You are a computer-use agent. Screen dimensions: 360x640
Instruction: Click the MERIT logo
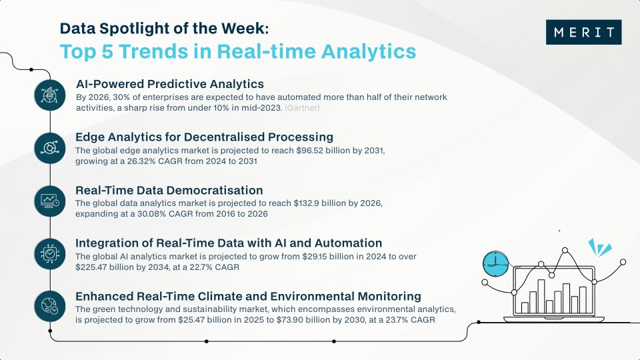[583, 32]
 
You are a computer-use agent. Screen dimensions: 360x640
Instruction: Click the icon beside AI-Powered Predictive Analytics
[50, 95]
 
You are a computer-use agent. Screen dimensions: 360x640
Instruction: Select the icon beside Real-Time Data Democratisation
[50, 199]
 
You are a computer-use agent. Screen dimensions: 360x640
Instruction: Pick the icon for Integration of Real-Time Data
[50, 252]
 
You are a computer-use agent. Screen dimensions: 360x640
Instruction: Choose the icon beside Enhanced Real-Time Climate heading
[50, 305]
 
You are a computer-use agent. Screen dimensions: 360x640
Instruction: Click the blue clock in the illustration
[494, 264]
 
